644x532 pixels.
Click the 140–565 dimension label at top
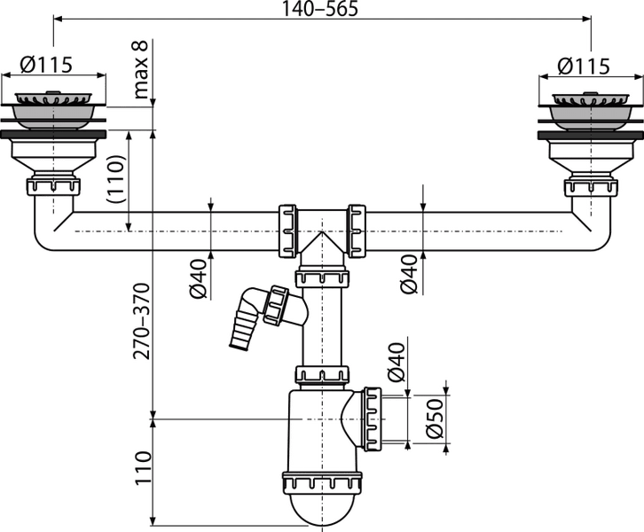click(320, 9)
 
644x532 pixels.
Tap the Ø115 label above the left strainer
click(46, 65)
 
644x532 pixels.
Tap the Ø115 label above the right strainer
click(584, 66)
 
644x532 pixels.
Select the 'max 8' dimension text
click(140, 70)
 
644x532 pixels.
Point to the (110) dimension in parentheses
click(115, 178)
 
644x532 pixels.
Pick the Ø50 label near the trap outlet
click(436, 419)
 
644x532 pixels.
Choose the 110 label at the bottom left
click(144, 468)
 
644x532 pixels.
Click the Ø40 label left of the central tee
click(199, 278)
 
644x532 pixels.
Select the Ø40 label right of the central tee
click(409, 274)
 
